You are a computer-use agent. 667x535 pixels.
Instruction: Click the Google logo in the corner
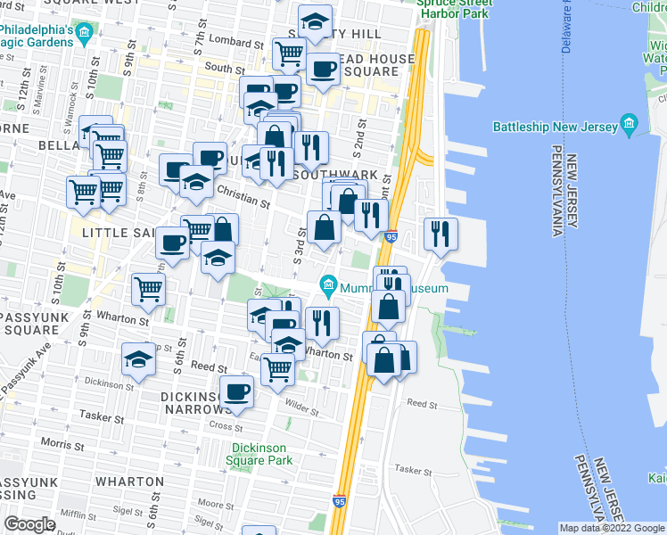point(30,524)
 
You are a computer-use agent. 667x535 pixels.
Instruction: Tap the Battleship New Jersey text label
point(555,127)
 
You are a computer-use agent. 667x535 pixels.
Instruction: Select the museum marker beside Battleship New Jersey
point(629,124)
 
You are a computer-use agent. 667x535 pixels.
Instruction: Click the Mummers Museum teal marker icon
point(328,287)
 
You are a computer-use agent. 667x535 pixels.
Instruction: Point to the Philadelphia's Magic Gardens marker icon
point(85,35)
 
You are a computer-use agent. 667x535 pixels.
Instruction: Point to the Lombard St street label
point(231,41)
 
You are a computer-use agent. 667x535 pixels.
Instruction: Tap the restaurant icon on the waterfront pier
point(441,233)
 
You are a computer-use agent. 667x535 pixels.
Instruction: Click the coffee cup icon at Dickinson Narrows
point(237,391)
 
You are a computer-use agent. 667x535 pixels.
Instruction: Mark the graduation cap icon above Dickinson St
point(139,359)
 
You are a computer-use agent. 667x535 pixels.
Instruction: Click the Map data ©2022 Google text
point(612,528)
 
